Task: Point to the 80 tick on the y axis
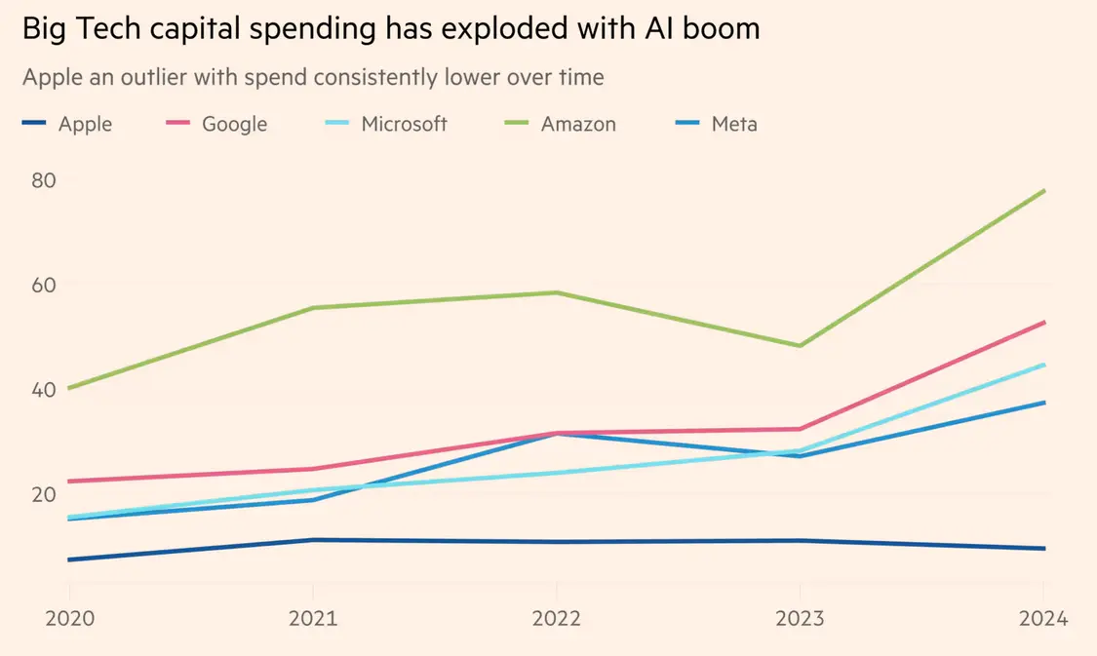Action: coord(45,180)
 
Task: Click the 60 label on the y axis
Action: coord(45,285)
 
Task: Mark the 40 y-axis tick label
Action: coord(45,389)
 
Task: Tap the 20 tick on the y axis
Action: coord(45,493)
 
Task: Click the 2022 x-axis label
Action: coord(556,619)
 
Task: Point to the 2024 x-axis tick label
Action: coord(1043,619)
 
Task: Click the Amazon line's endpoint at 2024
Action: coord(1044,190)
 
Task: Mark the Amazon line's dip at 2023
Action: coord(801,346)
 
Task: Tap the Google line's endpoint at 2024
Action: coord(1044,322)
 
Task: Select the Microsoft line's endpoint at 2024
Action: coord(1044,365)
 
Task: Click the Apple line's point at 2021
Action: coord(313,539)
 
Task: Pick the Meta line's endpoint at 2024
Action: coord(1044,403)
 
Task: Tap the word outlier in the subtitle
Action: coord(168,77)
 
